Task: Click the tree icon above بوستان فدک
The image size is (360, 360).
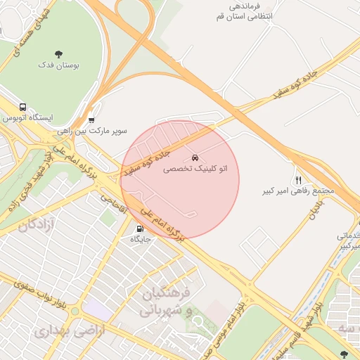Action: [x=58, y=54]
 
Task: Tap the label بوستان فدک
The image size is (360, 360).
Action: [x=59, y=65]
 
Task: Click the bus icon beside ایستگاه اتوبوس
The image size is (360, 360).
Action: [x=23, y=108]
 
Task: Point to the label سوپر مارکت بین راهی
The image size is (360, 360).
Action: [x=101, y=131]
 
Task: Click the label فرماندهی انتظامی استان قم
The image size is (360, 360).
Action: [x=271, y=10]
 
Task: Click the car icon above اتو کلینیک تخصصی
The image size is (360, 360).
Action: [x=195, y=157]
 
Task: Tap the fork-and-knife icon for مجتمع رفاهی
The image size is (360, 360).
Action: [x=298, y=180]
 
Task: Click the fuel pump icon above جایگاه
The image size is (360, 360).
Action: [x=139, y=229]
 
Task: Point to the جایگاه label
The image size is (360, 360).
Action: [x=139, y=239]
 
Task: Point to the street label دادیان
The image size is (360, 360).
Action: [x=314, y=209]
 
